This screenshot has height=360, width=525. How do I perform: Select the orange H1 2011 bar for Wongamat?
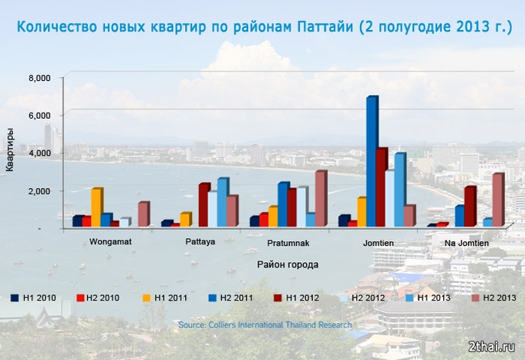click(x=97, y=207)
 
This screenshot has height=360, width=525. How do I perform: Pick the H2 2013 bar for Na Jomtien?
click(x=498, y=200)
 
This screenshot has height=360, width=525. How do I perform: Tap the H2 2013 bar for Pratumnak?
click(x=321, y=198)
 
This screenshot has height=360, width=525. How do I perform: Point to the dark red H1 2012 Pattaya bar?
click(x=204, y=204)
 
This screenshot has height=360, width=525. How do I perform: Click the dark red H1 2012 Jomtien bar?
click(x=382, y=187)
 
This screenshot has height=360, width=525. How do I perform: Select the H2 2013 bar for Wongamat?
click(x=144, y=214)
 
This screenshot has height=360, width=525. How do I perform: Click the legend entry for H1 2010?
click(x=33, y=298)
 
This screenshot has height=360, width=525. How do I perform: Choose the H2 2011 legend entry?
click(x=231, y=298)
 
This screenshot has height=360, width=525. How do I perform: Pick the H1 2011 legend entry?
click(x=165, y=298)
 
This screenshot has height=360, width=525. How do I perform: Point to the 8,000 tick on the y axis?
click(x=39, y=78)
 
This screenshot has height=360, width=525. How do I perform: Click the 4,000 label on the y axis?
click(x=39, y=153)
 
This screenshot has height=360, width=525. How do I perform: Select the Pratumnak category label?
click(x=288, y=243)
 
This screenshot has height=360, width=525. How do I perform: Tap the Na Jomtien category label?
click(x=466, y=243)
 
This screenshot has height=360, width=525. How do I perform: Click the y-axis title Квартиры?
click(x=10, y=150)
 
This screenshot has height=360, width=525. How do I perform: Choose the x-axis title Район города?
click(x=288, y=264)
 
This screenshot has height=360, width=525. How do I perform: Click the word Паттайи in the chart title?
click(x=325, y=27)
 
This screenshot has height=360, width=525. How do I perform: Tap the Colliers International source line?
click(x=265, y=325)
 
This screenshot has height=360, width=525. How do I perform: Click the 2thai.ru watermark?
click(x=492, y=347)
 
